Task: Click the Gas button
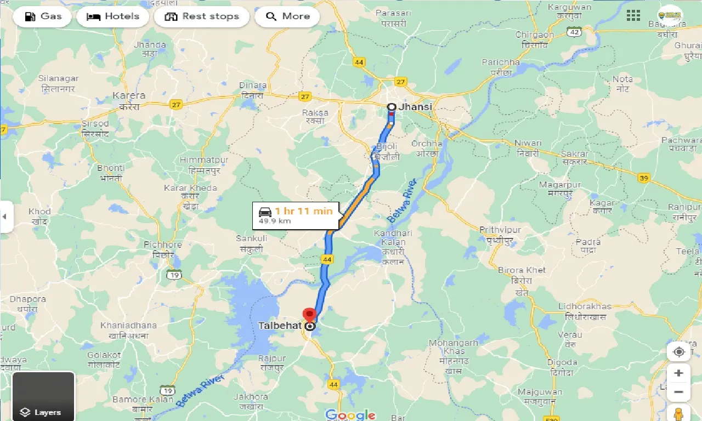pyautogui.click(x=43, y=16)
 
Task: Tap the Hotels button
pyautogui.click(x=113, y=16)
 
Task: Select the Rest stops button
pyautogui.click(x=202, y=16)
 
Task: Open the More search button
pyautogui.click(x=287, y=16)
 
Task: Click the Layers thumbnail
pyautogui.click(x=43, y=396)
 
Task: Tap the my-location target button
pyautogui.click(x=678, y=352)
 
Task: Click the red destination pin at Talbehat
pyautogui.click(x=310, y=316)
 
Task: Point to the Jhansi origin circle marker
pyautogui.click(x=392, y=107)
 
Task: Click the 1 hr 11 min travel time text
pyautogui.click(x=303, y=211)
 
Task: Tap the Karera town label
pyautogui.click(x=129, y=96)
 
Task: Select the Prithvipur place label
pyautogui.click(x=500, y=230)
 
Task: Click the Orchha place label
pyautogui.click(x=427, y=144)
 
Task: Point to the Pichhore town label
pyautogui.click(x=162, y=244)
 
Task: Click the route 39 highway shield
pyautogui.click(x=644, y=178)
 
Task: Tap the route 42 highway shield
pyautogui.click(x=574, y=32)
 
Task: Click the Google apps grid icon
pyautogui.click(x=633, y=16)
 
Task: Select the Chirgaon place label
pyautogui.click(x=535, y=35)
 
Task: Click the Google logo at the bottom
pyautogui.click(x=350, y=414)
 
